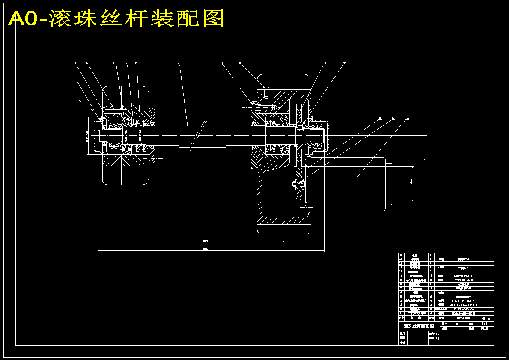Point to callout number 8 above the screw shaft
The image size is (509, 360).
coord(179,64)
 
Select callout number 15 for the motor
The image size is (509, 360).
coord(408,118)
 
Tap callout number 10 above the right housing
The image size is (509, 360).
coord(240,63)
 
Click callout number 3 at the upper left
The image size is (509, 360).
coord(75,63)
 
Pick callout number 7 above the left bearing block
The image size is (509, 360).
coord(135,63)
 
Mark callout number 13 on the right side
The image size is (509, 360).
coord(379,118)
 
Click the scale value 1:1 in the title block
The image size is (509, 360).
coord(484,324)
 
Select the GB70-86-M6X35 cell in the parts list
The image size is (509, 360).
coord(463,301)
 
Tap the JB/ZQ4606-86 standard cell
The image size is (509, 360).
coord(463,309)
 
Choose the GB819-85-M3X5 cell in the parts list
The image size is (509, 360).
coord(463,313)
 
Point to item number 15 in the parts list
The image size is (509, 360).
coord(401,255)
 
